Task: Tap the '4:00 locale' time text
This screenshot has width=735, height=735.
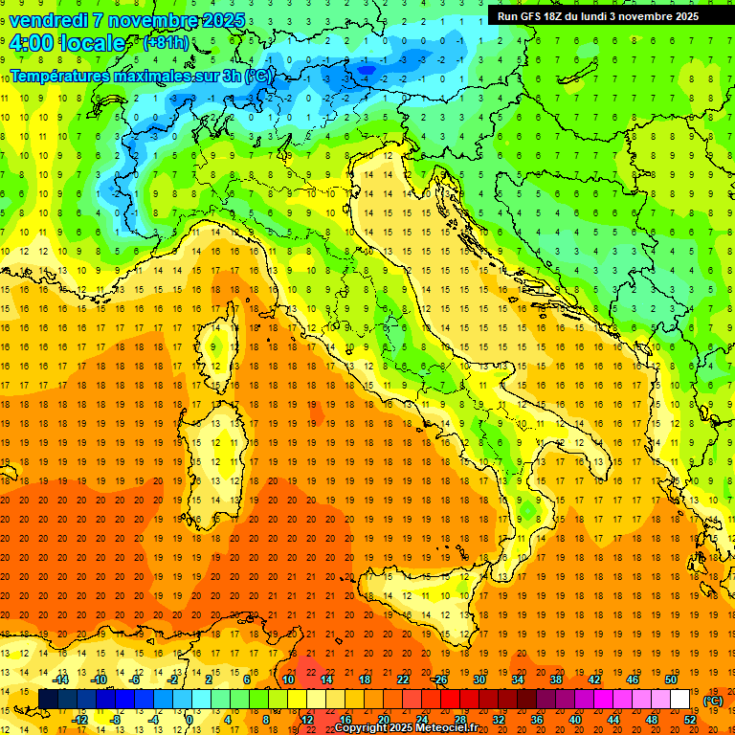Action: coord(67,43)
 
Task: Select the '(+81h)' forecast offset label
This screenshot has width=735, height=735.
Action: coord(166,43)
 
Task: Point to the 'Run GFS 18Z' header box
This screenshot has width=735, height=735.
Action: coord(598,15)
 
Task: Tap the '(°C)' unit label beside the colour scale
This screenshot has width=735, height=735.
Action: coord(713,701)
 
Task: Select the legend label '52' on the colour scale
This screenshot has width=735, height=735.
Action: coord(690,719)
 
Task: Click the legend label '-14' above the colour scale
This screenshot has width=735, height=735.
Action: coord(61,679)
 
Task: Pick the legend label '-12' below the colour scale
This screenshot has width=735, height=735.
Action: coord(80,719)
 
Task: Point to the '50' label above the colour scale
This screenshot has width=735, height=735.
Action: coord(670,679)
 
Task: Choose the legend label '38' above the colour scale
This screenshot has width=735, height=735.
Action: coord(555,679)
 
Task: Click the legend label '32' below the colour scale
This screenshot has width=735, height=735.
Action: coord(499,719)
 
